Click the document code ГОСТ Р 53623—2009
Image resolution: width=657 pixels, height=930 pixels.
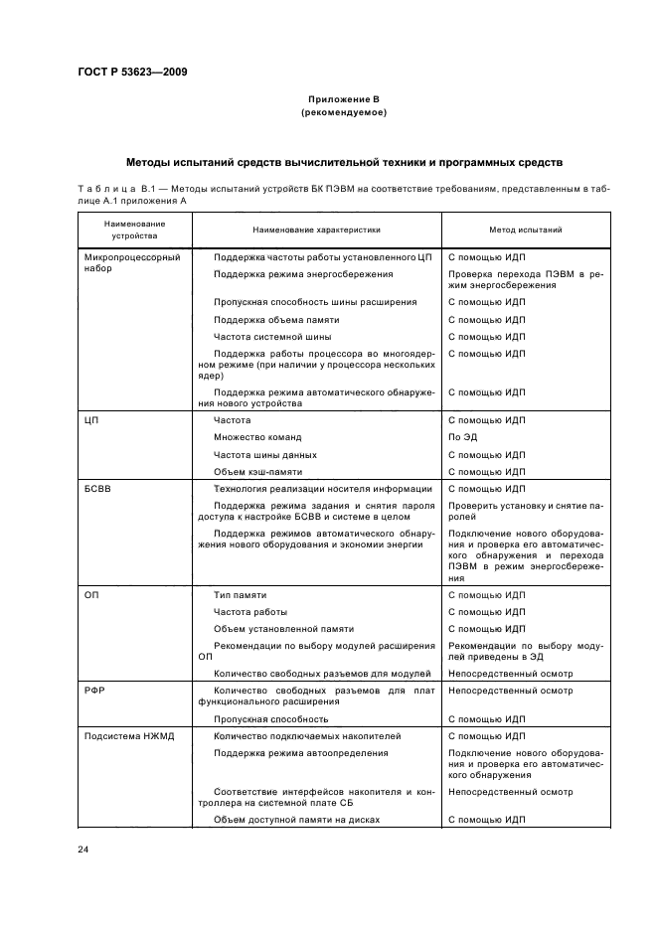[131, 72]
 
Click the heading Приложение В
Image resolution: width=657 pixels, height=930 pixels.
[343, 100]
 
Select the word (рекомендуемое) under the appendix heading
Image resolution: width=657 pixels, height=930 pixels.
[343, 113]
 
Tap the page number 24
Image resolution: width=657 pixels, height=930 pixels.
[83, 849]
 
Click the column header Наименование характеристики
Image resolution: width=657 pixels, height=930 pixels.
[316, 230]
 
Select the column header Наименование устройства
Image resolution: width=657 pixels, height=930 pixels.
[134, 230]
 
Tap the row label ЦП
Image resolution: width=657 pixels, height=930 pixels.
[94, 420]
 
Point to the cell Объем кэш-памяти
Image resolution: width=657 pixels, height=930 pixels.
[258, 471]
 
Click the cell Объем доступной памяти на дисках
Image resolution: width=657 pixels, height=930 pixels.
[297, 819]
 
